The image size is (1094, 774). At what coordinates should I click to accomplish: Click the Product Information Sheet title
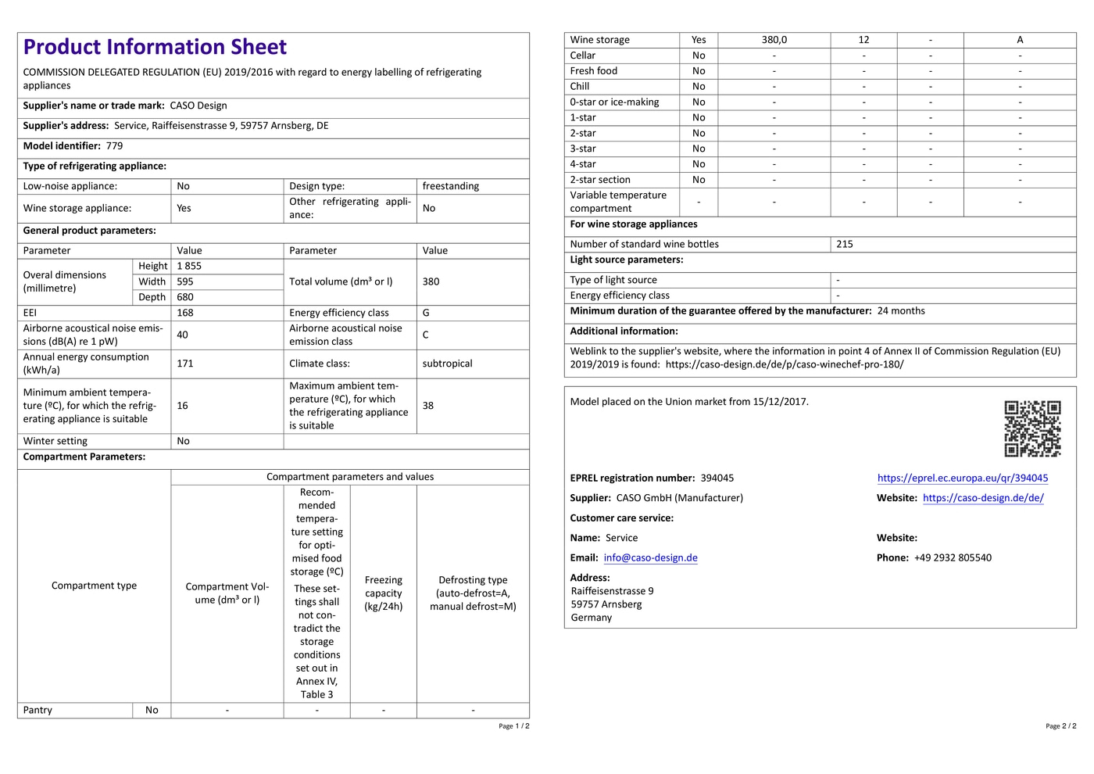click(155, 47)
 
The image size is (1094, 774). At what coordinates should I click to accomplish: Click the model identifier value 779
click(115, 146)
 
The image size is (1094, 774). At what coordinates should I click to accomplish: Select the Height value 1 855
click(189, 267)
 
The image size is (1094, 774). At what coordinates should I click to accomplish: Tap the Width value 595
click(185, 282)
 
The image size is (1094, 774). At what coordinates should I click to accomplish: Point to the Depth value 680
click(185, 298)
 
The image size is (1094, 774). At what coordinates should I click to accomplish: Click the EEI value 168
click(185, 313)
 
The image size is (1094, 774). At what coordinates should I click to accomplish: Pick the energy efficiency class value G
click(427, 313)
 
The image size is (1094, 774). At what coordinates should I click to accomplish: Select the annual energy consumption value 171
click(185, 364)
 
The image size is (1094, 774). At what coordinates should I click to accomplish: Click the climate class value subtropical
click(447, 364)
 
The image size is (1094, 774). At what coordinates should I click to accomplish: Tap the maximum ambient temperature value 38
click(428, 406)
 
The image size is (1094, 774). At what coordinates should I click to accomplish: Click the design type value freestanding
click(451, 186)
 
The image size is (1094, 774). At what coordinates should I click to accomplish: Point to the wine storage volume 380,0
click(774, 40)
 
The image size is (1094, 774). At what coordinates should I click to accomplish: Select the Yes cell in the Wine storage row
click(699, 40)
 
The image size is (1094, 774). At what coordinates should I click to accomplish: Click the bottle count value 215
click(845, 245)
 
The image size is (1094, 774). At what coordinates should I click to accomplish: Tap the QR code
click(1032, 428)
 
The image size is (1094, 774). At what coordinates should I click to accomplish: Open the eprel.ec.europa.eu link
click(963, 478)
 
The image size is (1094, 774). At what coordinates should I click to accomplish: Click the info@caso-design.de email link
click(650, 558)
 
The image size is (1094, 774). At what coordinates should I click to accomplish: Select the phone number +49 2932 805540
click(953, 558)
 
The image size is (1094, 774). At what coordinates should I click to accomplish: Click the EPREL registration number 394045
click(717, 478)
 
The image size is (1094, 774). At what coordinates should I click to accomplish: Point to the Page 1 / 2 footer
click(514, 726)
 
